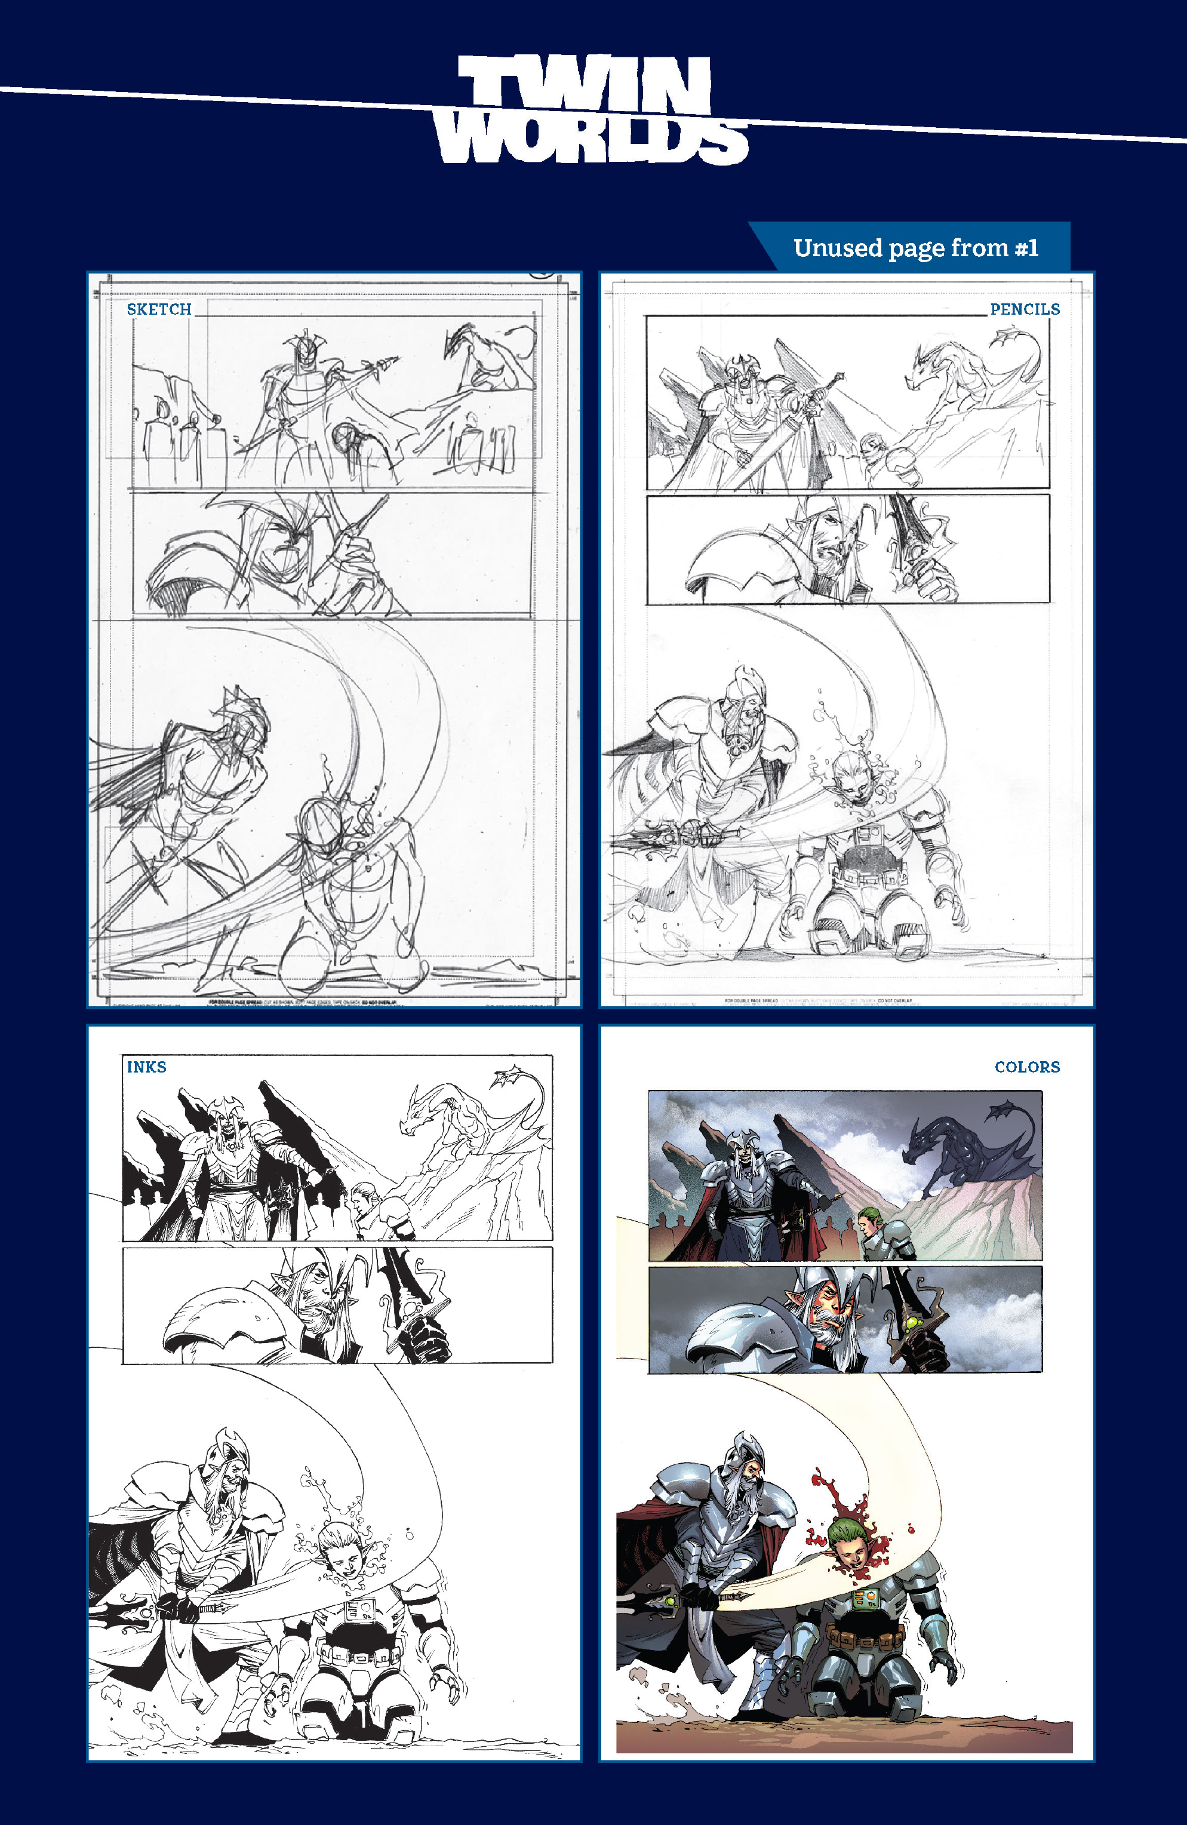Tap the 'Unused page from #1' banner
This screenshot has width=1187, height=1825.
(915, 248)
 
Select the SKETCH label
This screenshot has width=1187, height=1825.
(159, 309)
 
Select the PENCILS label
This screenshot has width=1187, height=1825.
(1025, 309)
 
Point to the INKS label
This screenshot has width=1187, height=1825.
(146, 1067)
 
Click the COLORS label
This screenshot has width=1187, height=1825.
(1027, 1067)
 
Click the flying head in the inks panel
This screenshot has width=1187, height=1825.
(340, 1550)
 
